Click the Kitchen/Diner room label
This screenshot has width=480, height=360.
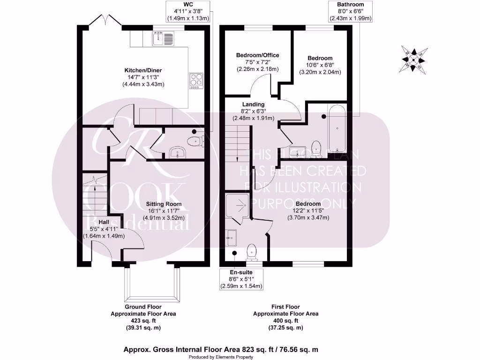point(140,70)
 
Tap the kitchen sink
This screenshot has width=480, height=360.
point(164,38)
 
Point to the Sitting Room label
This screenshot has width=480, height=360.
point(163,204)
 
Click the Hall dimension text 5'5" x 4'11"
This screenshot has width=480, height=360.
point(104,229)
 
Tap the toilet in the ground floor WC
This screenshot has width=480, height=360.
point(194,141)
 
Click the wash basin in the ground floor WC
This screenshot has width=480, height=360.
point(177,152)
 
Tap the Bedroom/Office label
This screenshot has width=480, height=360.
point(257,55)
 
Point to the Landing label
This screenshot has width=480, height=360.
point(253,104)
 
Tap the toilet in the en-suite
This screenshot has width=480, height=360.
point(252,251)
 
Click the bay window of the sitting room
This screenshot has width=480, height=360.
point(151,284)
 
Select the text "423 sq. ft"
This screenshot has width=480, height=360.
point(143,321)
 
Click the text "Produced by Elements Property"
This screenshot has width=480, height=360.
point(221,357)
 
